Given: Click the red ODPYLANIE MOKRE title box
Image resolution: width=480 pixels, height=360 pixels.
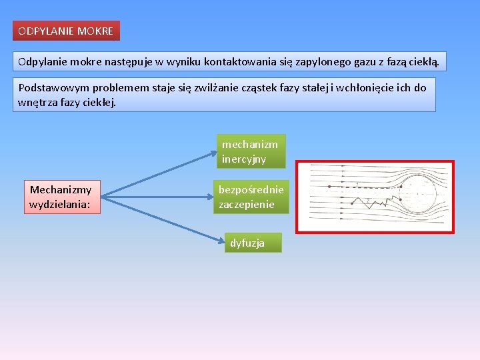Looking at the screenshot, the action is pyautogui.click(x=66, y=31).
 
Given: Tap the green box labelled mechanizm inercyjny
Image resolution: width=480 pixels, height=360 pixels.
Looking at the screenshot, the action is pyautogui.click(x=250, y=151).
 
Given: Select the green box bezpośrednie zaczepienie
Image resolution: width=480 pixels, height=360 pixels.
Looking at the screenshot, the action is pyautogui.click(x=251, y=197).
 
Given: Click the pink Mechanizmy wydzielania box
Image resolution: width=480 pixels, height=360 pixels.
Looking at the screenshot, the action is pyautogui.click(x=61, y=197).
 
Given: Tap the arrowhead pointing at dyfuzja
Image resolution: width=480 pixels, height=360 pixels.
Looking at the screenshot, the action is pyautogui.click(x=221, y=242).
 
